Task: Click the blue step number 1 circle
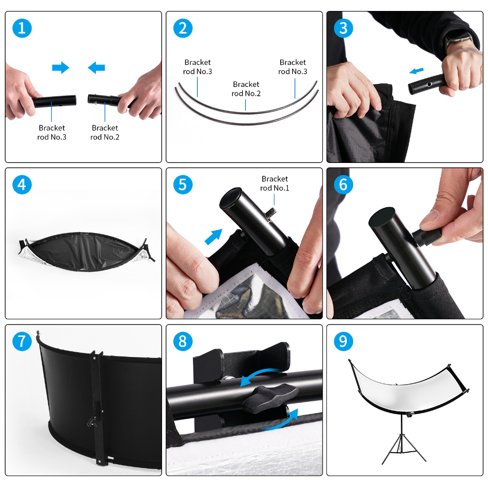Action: (x=22, y=28)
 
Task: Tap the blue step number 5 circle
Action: (x=183, y=184)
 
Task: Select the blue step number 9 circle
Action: (x=343, y=341)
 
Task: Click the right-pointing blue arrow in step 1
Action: (x=61, y=68)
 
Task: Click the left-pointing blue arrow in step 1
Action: (x=96, y=68)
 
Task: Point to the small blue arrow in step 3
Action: (x=417, y=71)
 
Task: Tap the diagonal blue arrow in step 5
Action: (x=213, y=236)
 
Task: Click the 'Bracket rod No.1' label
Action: (x=274, y=183)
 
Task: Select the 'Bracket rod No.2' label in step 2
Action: (x=246, y=89)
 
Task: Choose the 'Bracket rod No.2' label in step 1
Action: (x=105, y=132)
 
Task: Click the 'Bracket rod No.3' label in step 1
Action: (x=51, y=132)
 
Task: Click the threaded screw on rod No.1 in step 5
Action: (x=270, y=213)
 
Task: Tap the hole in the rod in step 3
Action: (x=429, y=84)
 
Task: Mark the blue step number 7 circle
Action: (x=22, y=341)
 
